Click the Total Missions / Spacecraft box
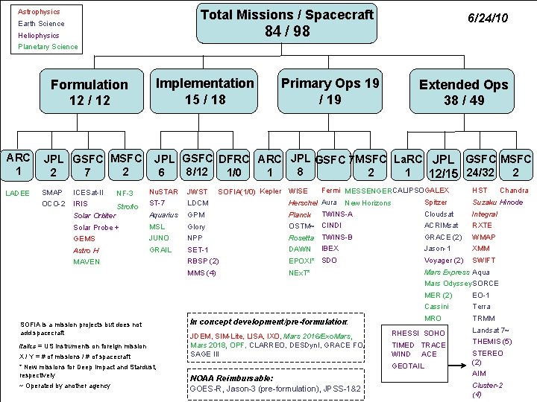(x=287, y=24)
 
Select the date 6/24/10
(x=487, y=17)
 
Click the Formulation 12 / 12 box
(x=89, y=92)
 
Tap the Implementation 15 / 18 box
(x=204, y=91)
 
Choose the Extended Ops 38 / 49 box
(x=463, y=92)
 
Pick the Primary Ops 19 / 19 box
(x=330, y=91)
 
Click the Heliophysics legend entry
(x=39, y=35)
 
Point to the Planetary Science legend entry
(x=48, y=47)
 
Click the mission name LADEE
(x=17, y=193)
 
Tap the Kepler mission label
(x=271, y=191)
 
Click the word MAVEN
(x=87, y=262)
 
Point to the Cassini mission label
(x=436, y=307)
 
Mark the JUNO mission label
(x=160, y=238)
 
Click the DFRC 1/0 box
(x=233, y=165)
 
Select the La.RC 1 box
(x=408, y=165)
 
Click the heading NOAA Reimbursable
(x=232, y=377)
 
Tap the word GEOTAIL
(x=408, y=366)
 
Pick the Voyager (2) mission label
(x=444, y=261)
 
